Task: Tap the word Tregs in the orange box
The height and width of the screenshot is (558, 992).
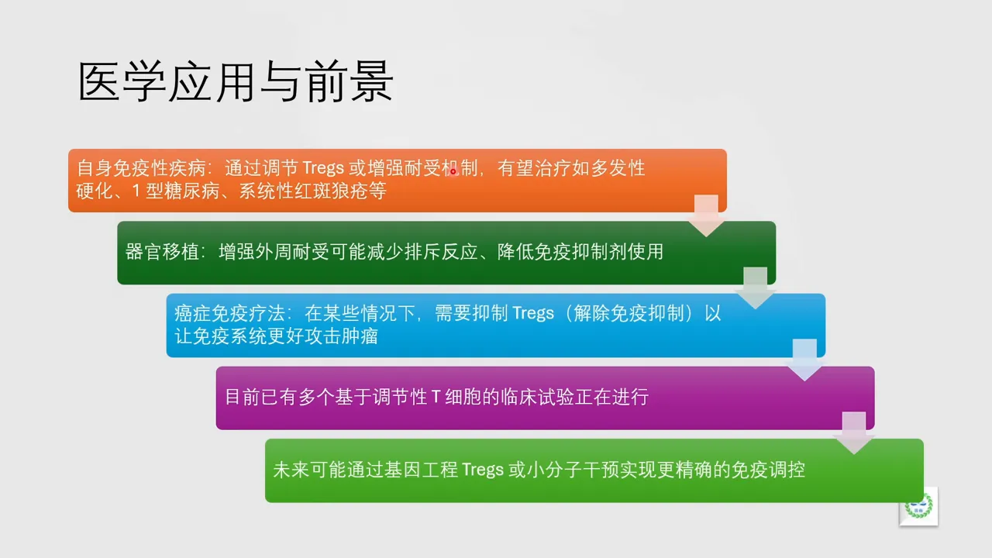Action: point(322,168)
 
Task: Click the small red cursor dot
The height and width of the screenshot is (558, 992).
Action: point(453,172)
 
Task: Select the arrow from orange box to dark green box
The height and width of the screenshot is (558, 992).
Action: point(706,216)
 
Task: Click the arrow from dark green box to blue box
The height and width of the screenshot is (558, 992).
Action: point(755,288)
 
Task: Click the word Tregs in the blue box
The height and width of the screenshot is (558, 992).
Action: point(533,313)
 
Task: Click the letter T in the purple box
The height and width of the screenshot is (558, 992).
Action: point(436,398)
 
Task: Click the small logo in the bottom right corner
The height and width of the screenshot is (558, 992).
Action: point(918,506)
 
